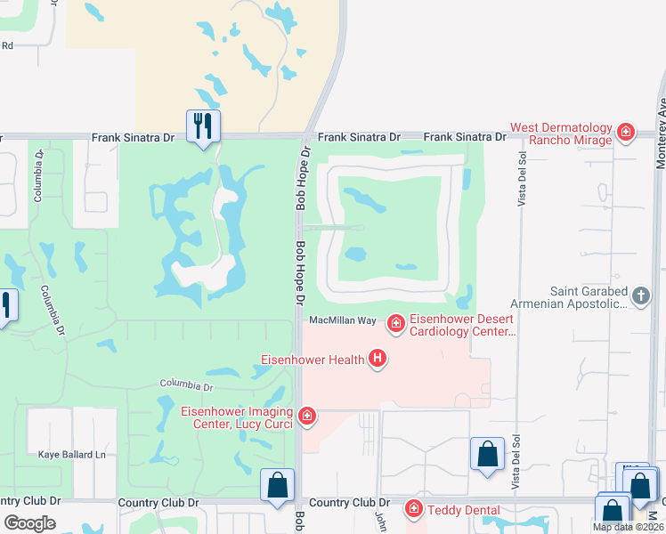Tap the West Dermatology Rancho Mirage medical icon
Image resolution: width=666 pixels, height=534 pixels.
(x=626, y=133)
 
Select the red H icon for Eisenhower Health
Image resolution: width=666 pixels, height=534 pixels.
(x=378, y=359)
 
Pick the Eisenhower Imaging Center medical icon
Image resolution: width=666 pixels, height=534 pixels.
(x=307, y=416)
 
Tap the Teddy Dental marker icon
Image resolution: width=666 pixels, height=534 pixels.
(x=413, y=508)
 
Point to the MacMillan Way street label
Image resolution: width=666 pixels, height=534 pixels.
(x=343, y=320)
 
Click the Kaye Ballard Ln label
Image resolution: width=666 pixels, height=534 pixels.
(x=72, y=454)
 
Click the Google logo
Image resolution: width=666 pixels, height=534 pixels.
(x=30, y=522)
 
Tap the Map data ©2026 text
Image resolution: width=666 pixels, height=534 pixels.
(x=627, y=527)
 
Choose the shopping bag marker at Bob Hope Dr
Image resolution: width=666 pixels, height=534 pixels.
(x=277, y=485)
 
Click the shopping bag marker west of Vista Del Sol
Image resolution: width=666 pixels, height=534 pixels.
(x=488, y=454)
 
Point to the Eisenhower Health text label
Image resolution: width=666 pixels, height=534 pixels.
(x=312, y=360)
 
